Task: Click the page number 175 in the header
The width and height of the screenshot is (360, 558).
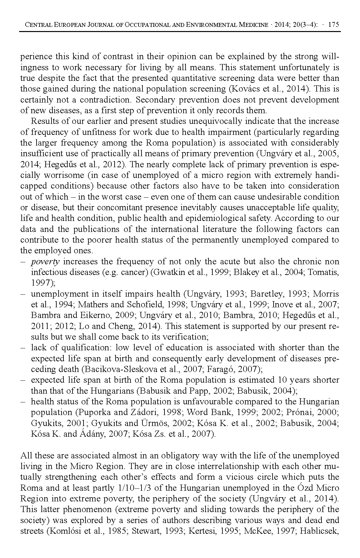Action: (333, 25)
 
